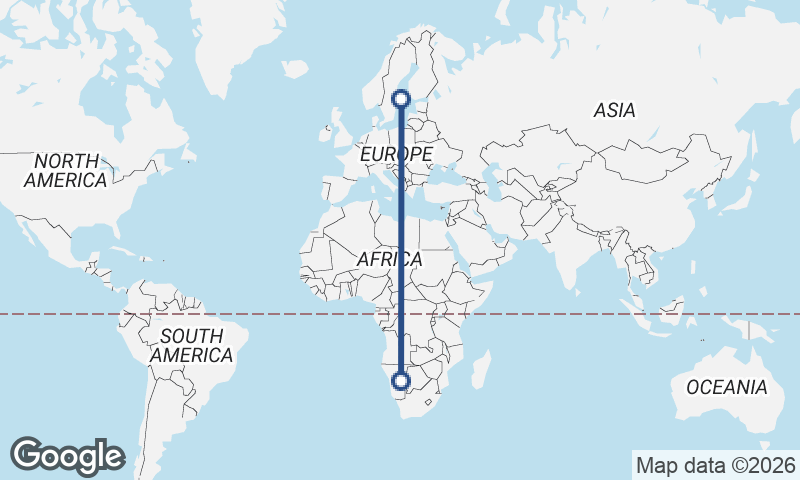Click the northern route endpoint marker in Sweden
(401, 98)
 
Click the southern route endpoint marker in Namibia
(401, 381)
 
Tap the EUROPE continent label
(396, 154)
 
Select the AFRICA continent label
(390, 259)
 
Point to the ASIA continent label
(614, 111)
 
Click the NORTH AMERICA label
(66, 171)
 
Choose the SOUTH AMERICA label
(191, 345)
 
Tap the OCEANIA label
(727, 387)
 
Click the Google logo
(68, 455)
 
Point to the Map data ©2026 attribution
(715, 465)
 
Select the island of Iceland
(294, 69)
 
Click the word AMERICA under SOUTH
(191, 355)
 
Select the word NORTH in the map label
(66, 161)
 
